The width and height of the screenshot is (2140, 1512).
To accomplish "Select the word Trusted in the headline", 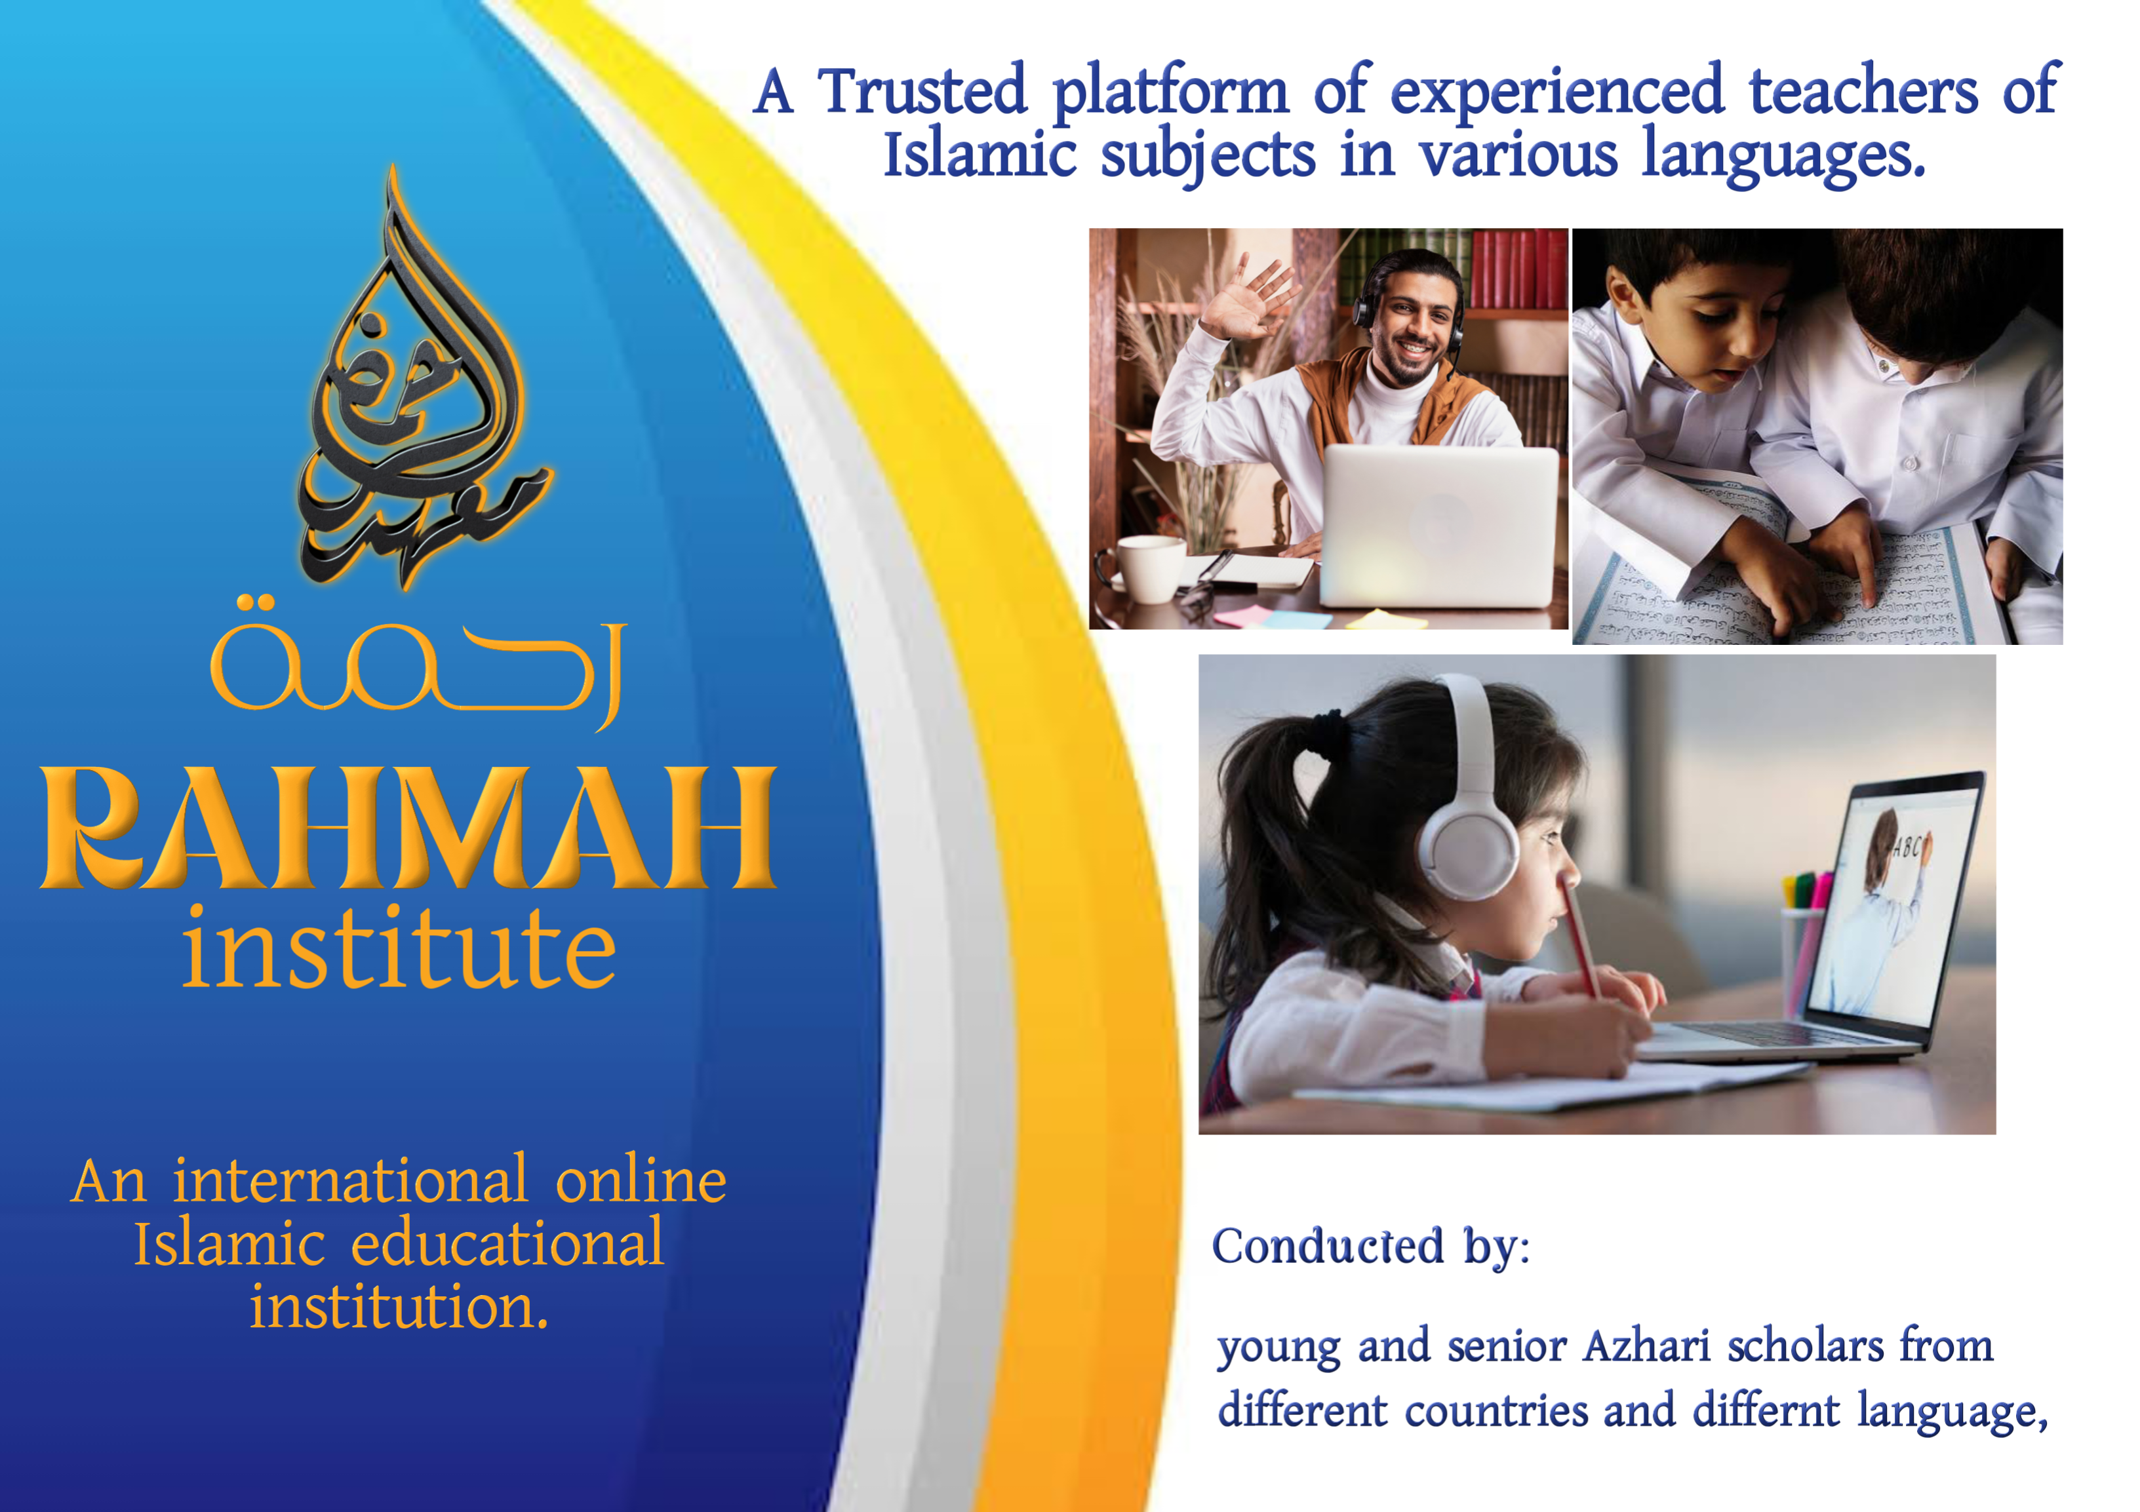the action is (922, 91).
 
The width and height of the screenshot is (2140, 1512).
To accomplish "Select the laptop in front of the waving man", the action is (1439, 526).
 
